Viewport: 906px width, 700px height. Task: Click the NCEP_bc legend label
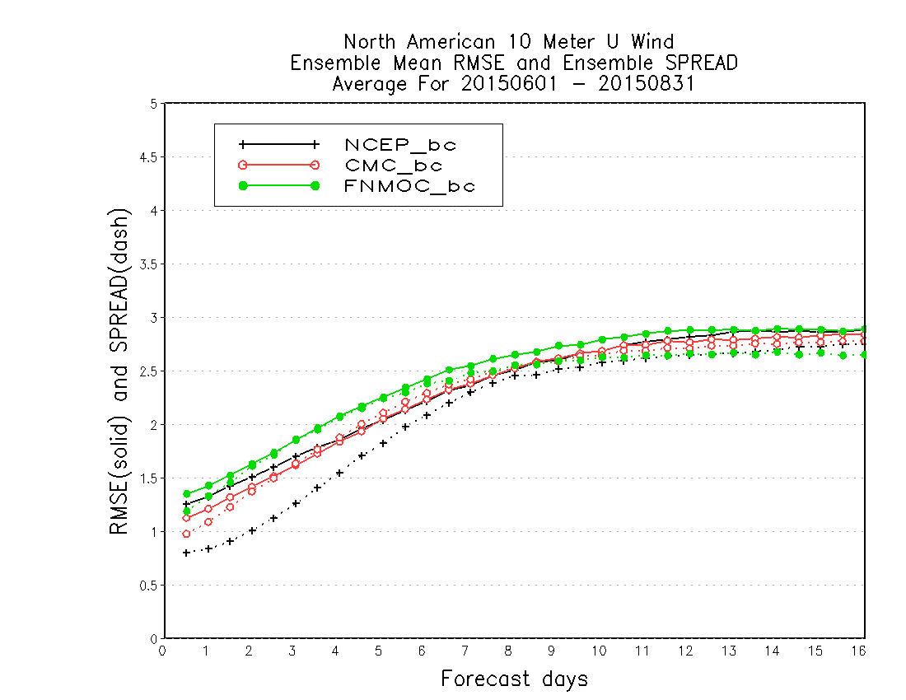pyautogui.click(x=400, y=144)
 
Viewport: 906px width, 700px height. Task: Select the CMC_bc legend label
pyautogui.click(x=394, y=166)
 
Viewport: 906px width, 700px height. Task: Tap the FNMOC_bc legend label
pyautogui.click(x=409, y=186)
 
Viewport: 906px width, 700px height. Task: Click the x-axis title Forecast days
pyautogui.click(x=514, y=679)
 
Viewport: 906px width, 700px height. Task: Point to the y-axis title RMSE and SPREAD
pyautogui.click(x=119, y=371)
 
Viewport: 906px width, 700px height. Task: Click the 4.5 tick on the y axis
pyautogui.click(x=148, y=157)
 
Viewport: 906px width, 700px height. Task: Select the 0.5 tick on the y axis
pyautogui.click(x=148, y=586)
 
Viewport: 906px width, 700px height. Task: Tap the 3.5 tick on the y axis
pyautogui.click(x=148, y=264)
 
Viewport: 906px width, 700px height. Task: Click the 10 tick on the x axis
pyautogui.click(x=599, y=651)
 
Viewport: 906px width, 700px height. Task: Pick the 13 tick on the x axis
pyautogui.click(x=729, y=651)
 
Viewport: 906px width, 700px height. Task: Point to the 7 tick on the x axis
pyautogui.click(x=465, y=651)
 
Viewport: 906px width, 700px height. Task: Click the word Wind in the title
pyautogui.click(x=652, y=41)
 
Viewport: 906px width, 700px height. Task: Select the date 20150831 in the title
pyautogui.click(x=646, y=84)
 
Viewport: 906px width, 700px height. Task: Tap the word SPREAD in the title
pyautogui.click(x=702, y=63)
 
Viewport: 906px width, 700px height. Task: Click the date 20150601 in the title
pyautogui.click(x=509, y=84)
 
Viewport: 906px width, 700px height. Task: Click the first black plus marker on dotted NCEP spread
pyautogui.click(x=186, y=553)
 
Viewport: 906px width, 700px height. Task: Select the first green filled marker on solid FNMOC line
pyautogui.click(x=187, y=494)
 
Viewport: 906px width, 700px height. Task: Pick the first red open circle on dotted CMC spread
pyautogui.click(x=186, y=534)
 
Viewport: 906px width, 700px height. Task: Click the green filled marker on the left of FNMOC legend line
pyautogui.click(x=243, y=185)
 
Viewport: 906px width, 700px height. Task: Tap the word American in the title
pyautogui.click(x=451, y=41)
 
